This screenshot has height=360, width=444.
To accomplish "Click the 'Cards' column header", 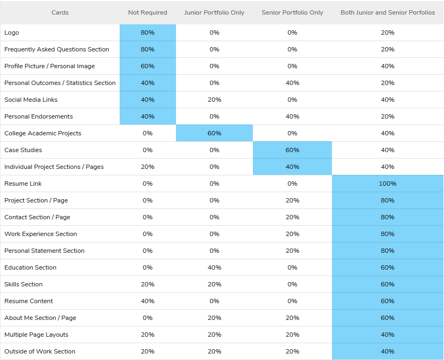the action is (x=60, y=12).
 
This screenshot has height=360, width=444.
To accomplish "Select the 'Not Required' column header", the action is (x=147, y=12).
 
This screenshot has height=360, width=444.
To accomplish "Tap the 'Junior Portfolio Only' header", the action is (x=214, y=12).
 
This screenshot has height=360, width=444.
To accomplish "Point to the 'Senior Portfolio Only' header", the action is (x=292, y=12).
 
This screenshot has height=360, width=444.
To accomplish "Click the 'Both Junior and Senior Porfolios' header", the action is (x=388, y=12).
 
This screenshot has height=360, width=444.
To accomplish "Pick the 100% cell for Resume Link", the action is (x=388, y=184).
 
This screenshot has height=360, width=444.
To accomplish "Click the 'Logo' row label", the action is (x=11, y=32).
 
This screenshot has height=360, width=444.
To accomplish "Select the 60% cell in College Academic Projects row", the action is (x=214, y=133).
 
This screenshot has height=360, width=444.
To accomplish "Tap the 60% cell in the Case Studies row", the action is (x=292, y=150).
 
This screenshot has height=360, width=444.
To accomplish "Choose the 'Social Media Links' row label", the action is (x=31, y=100).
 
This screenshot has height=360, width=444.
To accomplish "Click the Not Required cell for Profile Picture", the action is (x=147, y=66).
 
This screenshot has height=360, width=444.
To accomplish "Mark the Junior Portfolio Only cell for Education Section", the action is (x=214, y=267).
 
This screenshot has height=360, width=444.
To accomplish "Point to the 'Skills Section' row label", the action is (x=23, y=284).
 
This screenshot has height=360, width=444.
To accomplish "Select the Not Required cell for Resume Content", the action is (x=147, y=301).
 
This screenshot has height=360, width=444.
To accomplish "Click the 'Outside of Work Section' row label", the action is (x=40, y=351).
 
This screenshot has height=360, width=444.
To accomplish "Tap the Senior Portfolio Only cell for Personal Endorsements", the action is (x=292, y=116).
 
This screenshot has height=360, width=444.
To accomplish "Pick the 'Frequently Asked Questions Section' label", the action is (x=57, y=49).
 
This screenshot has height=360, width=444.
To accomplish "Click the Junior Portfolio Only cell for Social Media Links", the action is (x=214, y=100).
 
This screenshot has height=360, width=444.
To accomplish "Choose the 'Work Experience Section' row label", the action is (x=41, y=234).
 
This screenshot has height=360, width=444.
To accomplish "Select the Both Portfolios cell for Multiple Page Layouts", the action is (x=388, y=335).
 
